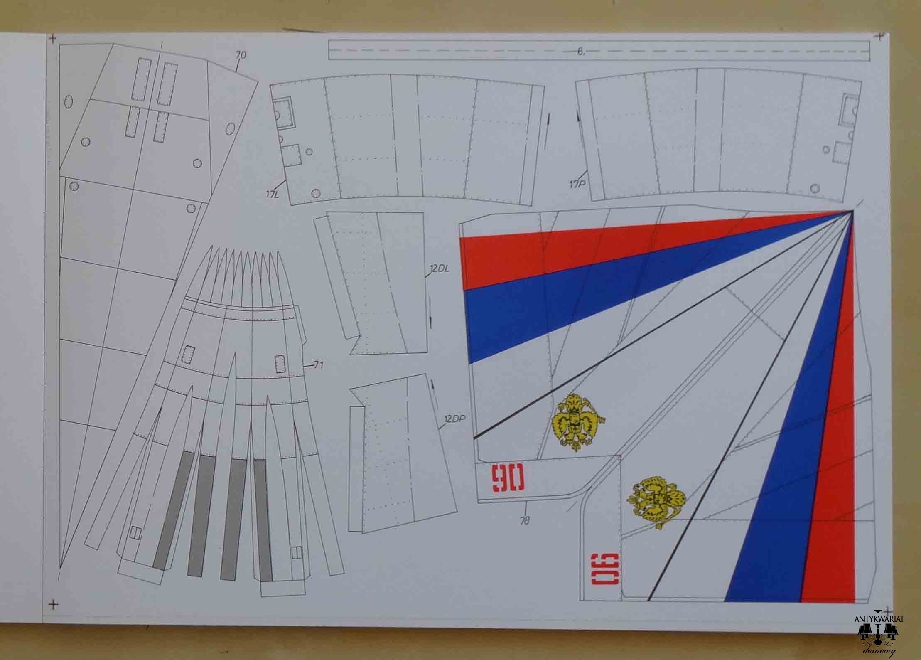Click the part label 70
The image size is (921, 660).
[x=241, y=54]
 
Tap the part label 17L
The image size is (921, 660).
[x=273, y=193]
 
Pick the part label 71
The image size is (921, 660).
[x=319, y=365]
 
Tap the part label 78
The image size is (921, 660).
[x=525, y=520]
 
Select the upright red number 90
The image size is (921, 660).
[x=508, y=478]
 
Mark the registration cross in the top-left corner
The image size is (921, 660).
[x=52, y=39]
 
